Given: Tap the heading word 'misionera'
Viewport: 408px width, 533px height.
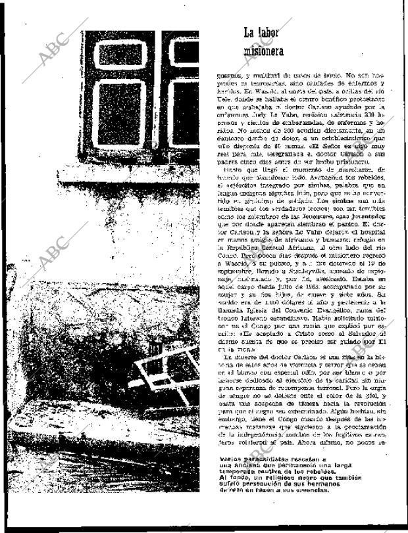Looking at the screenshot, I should coord(263,49).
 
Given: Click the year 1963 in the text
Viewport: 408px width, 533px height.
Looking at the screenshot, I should coord(293,285).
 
